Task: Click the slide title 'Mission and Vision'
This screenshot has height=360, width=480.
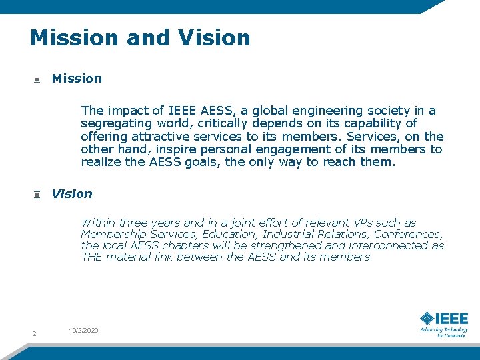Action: [x=140, y=37]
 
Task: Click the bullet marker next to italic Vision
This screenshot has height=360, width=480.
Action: [x=37, y=195]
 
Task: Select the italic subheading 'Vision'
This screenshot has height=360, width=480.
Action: [x=72, y=194]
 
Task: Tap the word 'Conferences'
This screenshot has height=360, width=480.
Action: [x=408, y=234]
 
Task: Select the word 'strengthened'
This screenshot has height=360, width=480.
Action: [x=285, y=245]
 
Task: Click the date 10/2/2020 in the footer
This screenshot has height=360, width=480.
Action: [x=83, y=330]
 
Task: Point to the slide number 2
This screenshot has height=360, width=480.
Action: [x=33, y=333]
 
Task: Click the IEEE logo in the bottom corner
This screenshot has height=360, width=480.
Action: [x=443, y=323]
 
